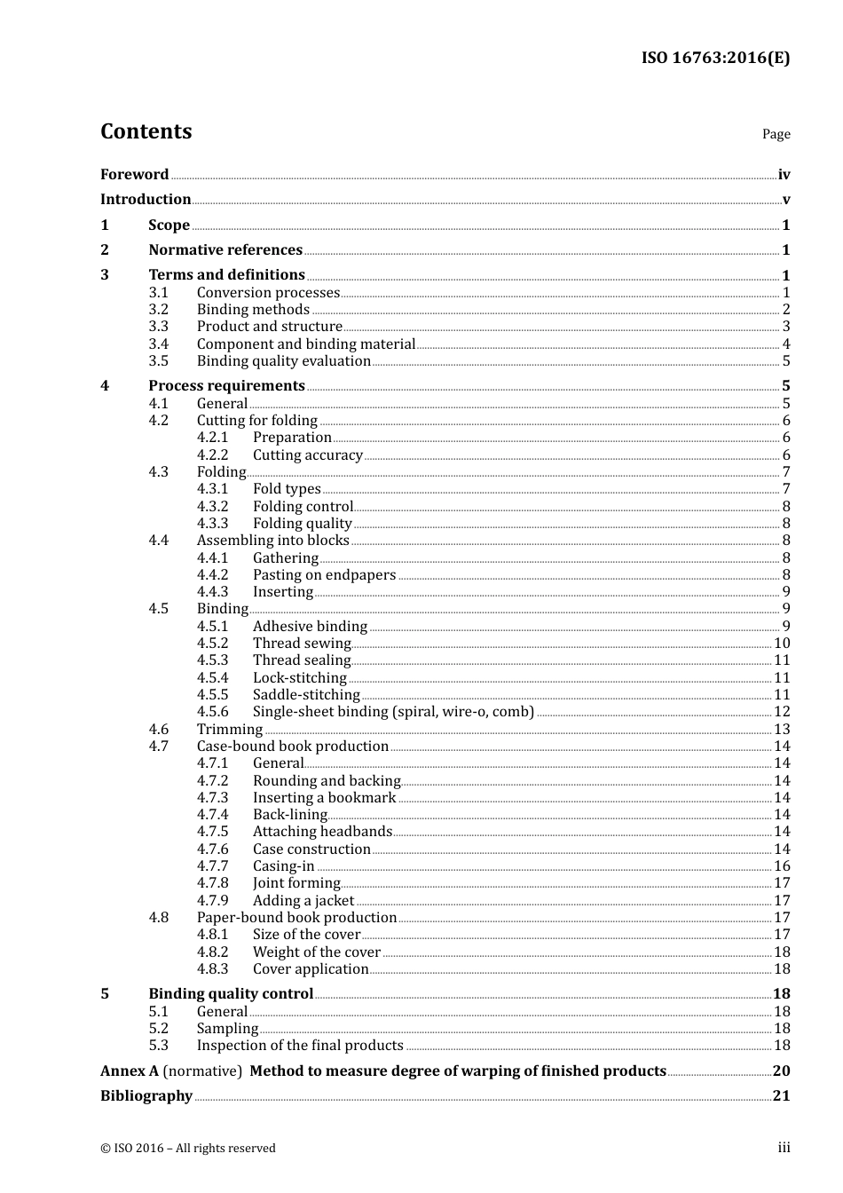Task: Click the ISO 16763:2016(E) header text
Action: click(x=715, y=59)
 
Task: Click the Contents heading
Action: click(x=146, y=131)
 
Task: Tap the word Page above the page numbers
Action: click(x=776, y=134)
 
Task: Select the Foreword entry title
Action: click(x=134, y=174)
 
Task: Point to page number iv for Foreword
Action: click(x=784, y=175)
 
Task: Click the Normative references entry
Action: click(x=225, y=250)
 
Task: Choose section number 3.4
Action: click(x=158, y=344)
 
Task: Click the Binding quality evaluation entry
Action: click(x=283, y=361)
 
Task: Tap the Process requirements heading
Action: click(x=226, y=386)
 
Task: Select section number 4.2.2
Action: click(x=212, y=455)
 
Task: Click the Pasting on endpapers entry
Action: click(x=324, y=575)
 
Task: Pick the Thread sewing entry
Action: click(x=302, y=644)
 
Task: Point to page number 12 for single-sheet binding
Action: click(x=782, y=712)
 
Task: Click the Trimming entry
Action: click(x=229, y=730)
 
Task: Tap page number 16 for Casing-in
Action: click(x=782, y=866)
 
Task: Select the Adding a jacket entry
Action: click(x=303, y=901)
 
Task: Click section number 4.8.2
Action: click(x=212, y=952)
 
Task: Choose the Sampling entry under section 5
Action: click(x=227, y=1029)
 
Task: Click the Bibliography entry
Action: click(x=146, y=1096)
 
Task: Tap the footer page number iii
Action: click(x=784, y=1148)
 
